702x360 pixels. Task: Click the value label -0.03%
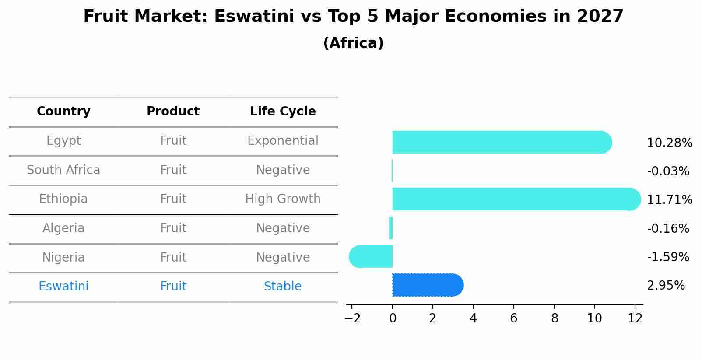pos(668,171)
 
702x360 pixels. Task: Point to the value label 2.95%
pos(665,286)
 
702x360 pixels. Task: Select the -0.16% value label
pos(668,228)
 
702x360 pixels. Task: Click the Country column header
pos(63,112)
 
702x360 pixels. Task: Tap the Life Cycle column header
pos(283,112)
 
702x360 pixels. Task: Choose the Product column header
pos(173,112)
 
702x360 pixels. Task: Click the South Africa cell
pos(63,170)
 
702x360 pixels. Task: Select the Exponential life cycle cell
pos(283,141)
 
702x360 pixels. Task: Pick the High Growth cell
pos(283,199)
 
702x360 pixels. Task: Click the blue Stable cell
pos(283,287)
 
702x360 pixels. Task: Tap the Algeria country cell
pos(63,228)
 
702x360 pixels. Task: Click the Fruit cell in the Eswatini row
pos(173,287)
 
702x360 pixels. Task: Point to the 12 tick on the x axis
pos(635,318)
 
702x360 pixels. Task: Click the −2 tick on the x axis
pos(352,318)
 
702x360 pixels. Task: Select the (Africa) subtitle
pos(353,43)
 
